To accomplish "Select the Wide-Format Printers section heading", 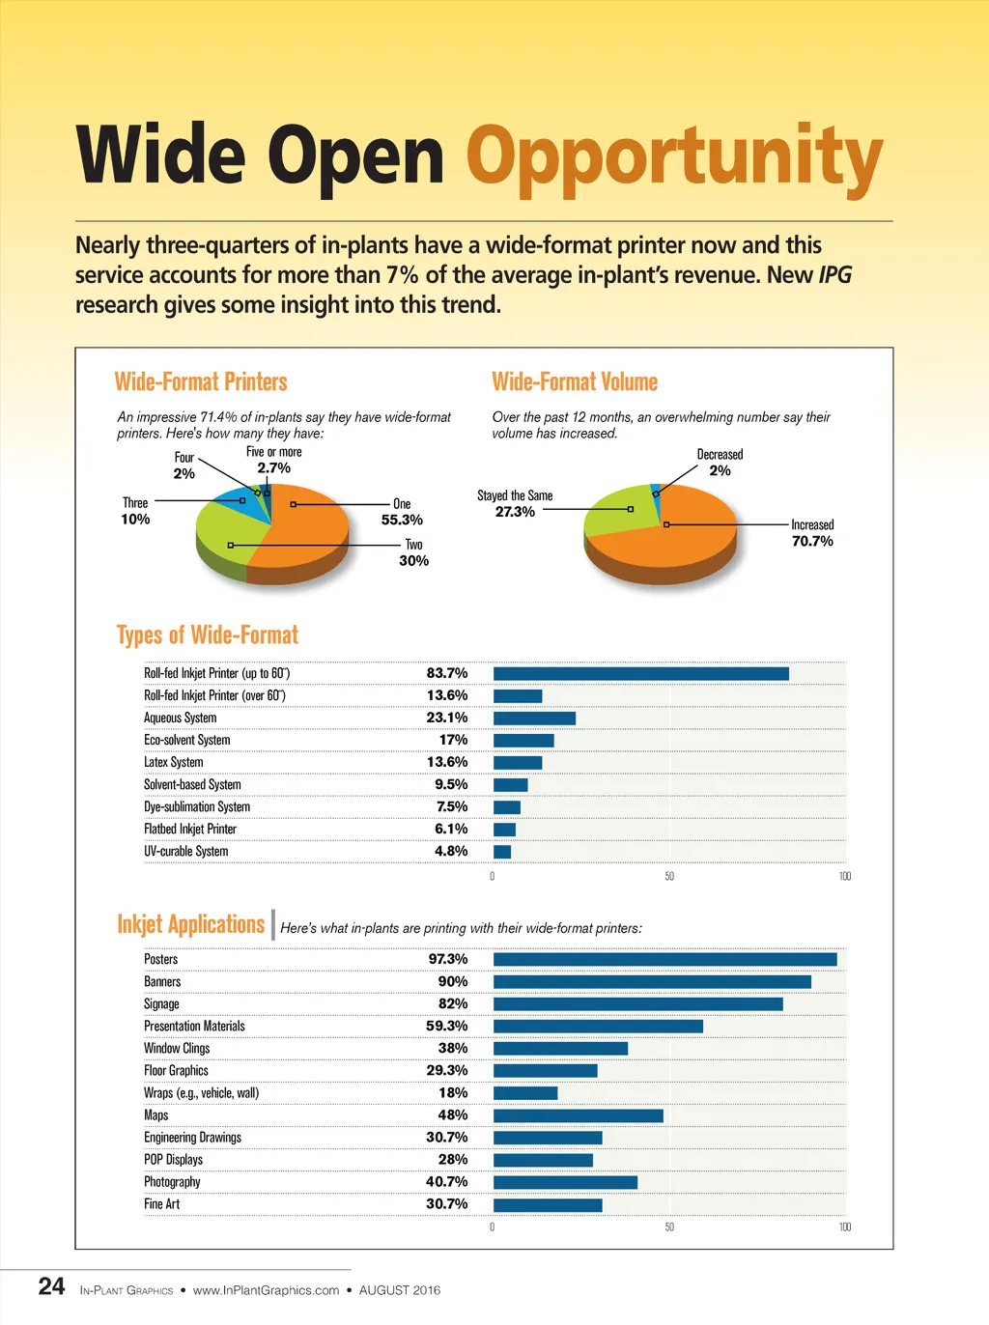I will (201, 381).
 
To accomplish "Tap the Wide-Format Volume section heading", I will (575, 381).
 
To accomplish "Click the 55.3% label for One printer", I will (402, 520).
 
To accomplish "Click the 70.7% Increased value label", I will (812, 541).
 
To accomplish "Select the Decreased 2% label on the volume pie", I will (720, 463).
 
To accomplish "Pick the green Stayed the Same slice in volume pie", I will (613, 509).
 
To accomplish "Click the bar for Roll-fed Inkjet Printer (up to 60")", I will (640, 673).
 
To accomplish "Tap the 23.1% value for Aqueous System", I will (446, 718).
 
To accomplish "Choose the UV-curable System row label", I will (186, 851).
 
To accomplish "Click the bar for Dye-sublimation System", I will (507, 807).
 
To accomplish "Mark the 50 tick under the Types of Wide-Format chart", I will (669, 876).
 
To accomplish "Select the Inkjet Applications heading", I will (190, 924).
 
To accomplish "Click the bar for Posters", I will (664, 959).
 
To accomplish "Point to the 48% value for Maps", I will (452, 1114).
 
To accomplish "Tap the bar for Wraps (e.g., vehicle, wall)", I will (525, 1093).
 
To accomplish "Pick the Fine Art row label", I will (162, 1204).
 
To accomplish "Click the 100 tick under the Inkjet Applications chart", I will (845, 1226).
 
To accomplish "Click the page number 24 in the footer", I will (52, 1286).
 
